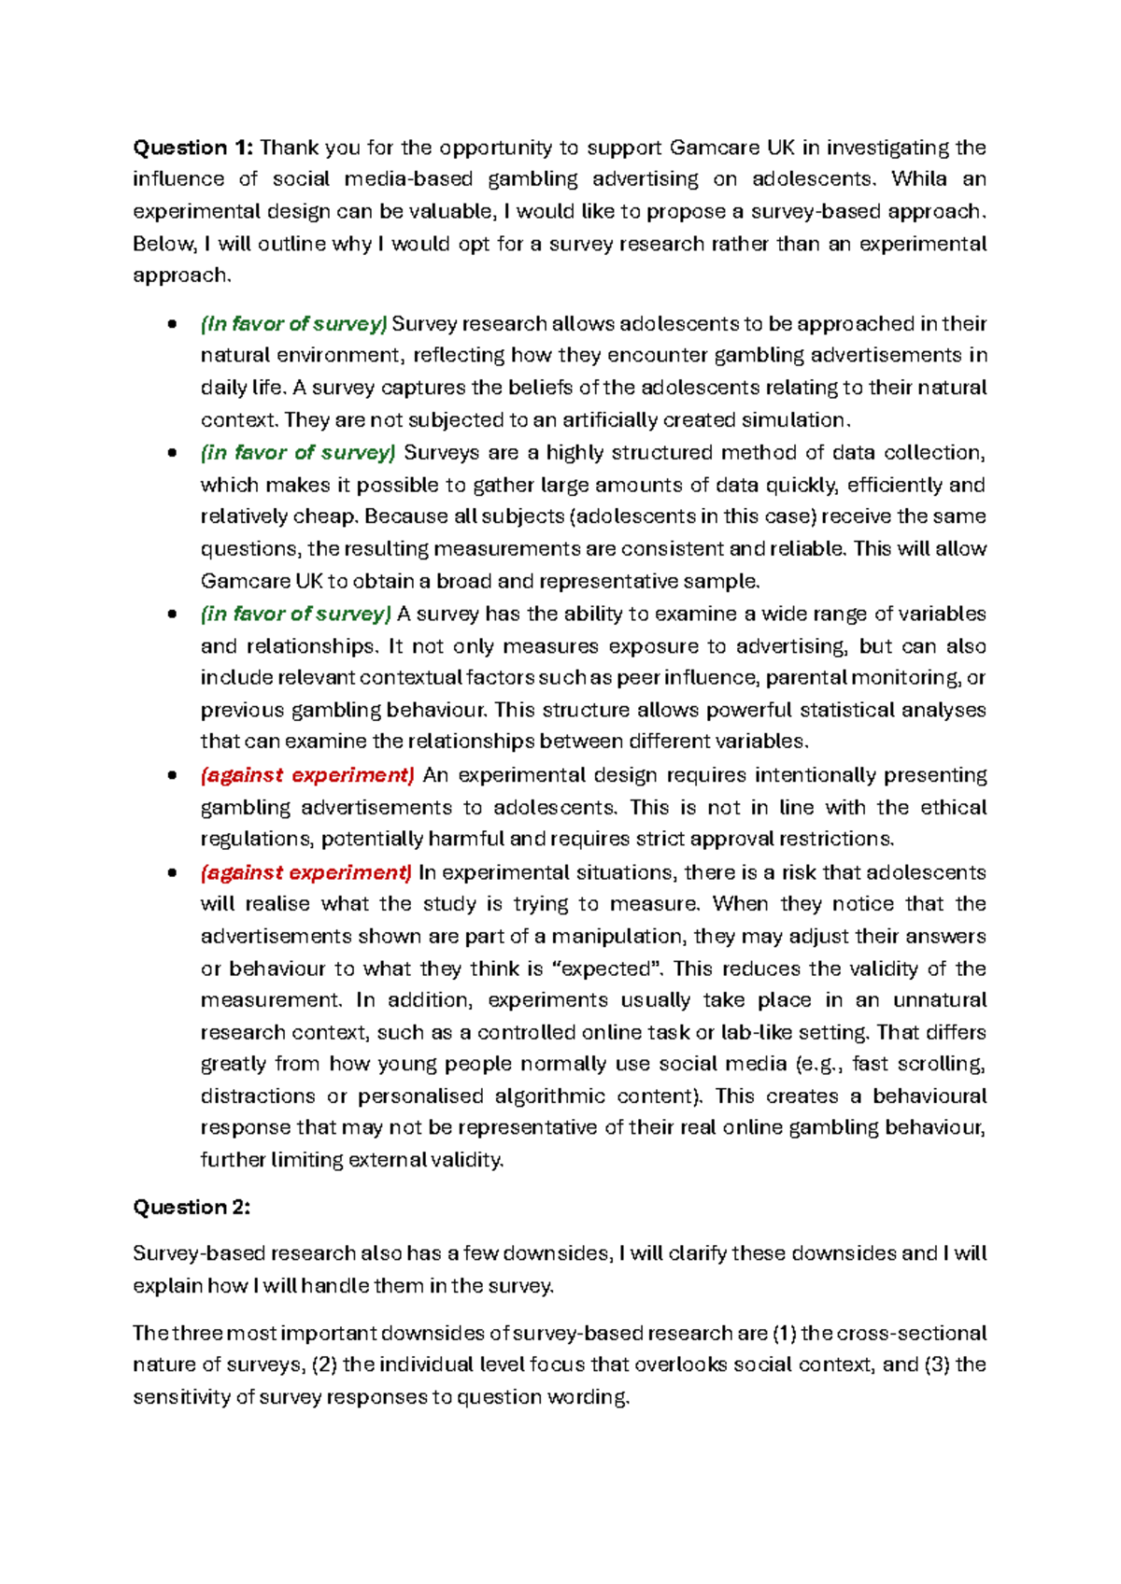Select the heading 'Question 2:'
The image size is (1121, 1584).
click(x=192, y=1208)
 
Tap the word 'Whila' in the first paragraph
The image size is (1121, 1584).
click(x=919, y=179)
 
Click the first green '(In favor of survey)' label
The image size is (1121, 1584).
click(x=293, y=324)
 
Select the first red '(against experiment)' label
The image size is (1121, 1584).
click(x=307, y=775)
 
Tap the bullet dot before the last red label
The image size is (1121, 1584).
click(x=171, y=873)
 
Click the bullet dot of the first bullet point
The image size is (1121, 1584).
click(x=171, y=325)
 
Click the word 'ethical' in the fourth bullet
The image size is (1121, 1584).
click(x=953, y=808)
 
